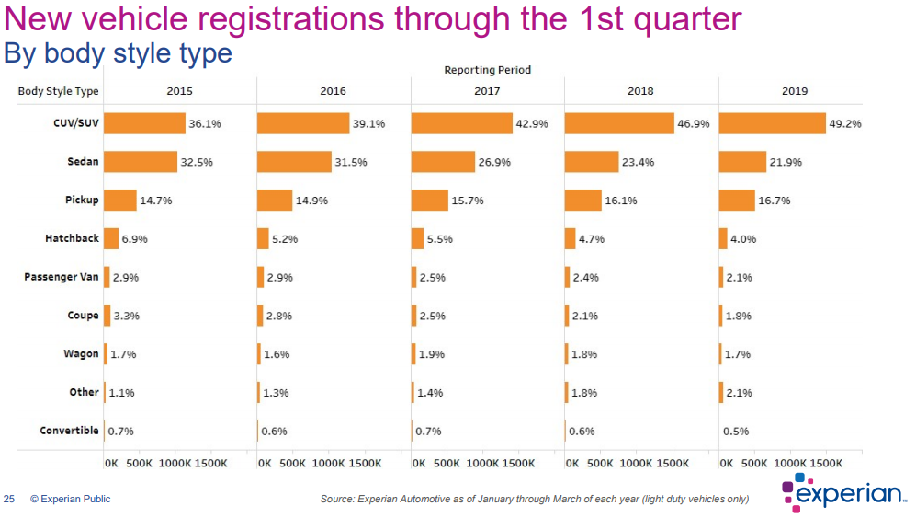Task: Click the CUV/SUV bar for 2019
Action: click(x=773, y=123)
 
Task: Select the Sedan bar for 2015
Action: click(x=141, y=162)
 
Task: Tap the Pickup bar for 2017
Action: click(x=429, y=201)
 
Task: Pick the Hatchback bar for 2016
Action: click(x=263, y=239)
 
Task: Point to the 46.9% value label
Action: click(x=694, y=123)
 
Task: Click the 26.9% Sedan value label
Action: click(x=494, y=162)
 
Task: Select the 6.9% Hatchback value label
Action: click(x=134, y=239)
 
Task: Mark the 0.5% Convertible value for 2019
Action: click(x=736, y=431)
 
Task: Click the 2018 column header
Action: click(x=641, y=91)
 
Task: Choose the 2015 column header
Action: click(x=179, y=91)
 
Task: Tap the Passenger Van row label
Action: click(x=62, y=277)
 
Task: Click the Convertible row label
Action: click(x=70, y=431)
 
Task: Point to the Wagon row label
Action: click(x=81, y=354)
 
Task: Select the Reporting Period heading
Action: click(x=488, y=70)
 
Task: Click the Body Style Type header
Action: click(x=59, y=91)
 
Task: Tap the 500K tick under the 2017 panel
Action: click(x=447, y=463)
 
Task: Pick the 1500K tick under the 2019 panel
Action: click(x=825, y=463)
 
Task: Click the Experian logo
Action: click(x=844, y=493)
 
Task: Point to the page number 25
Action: click(x=9, y=499)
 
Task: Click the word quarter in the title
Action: click(x=687, y=20)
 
